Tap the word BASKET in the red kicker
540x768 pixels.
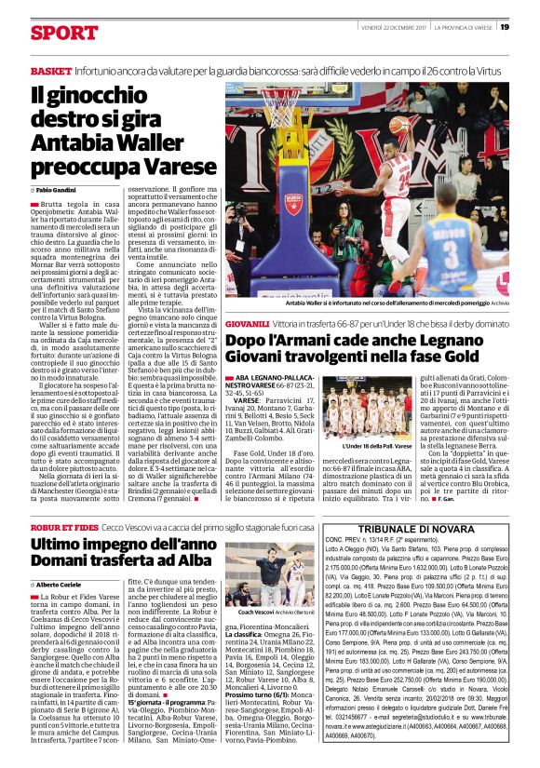(x=51, y=72)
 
